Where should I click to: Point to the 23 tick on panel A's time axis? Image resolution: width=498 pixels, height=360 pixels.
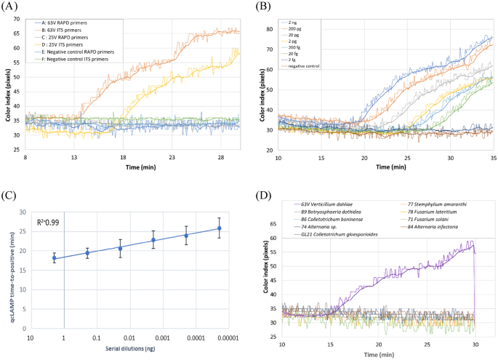click(x=172, y=156)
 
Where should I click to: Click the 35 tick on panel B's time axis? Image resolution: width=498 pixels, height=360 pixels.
click(x=491, y=156)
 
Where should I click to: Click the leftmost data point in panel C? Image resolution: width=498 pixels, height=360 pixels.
click(x=54, y=258)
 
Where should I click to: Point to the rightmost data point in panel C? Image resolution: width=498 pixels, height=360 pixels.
click(x=219, y=228)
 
